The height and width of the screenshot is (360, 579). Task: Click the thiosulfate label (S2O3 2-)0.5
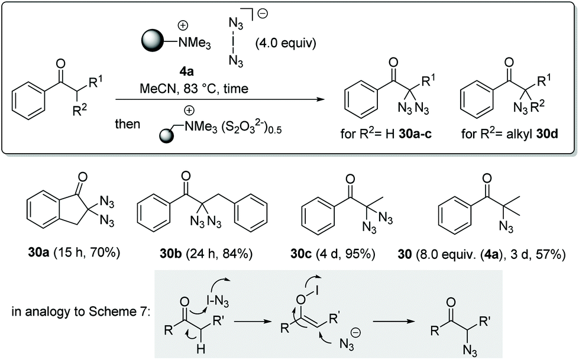click(x=251, y=127)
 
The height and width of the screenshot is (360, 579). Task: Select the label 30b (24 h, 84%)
click(x=204, y=255)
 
